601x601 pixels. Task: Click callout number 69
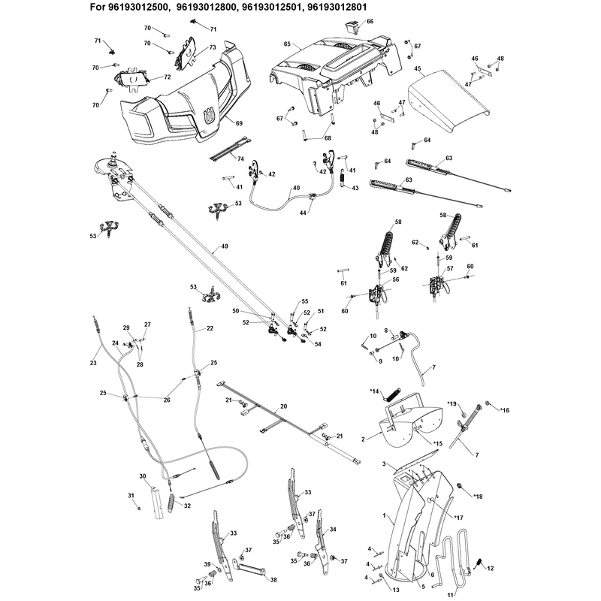(x=239, y=123)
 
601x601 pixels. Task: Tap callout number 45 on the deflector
(x=418, y=68)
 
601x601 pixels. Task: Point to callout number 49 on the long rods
(x=225, y=246)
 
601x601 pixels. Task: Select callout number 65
(x=287, y=44)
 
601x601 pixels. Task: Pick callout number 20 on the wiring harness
(x=284, y=406)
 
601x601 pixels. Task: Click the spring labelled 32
(x=173, y=502)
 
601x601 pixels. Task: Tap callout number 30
(x=143, y=476)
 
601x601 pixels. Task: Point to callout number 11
(x=450, y=595)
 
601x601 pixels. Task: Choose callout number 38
(x=273, y=580)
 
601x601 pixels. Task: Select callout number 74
(x=240, y=159)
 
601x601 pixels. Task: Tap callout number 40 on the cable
(x=296, y=188)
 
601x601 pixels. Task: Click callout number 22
(x=210, y=328)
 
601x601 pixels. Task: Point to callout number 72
(x=167, y=77)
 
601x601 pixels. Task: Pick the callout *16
(x=504, y=410)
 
